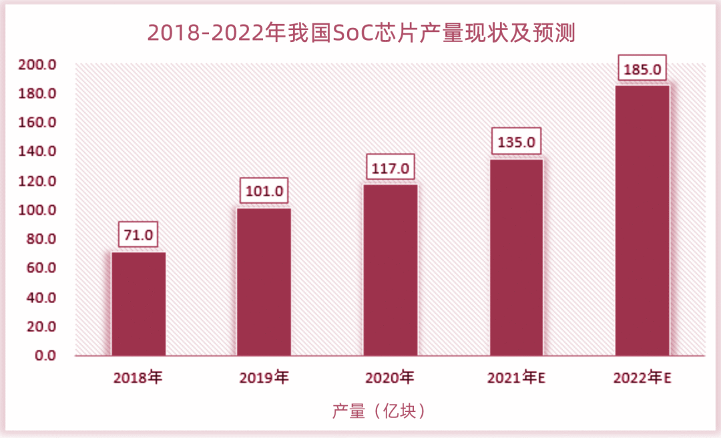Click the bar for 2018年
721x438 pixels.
[x=138, y=304]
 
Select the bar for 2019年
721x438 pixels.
[x=264, y=282]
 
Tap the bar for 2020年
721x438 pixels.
[x=391, y=270]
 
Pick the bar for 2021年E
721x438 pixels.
[x=516, y=257]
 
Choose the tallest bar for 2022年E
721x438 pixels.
[x=642, y=220]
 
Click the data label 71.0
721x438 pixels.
[x=138, y=234]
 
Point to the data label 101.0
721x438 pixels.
[x=264, y=192]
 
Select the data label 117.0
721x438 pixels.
[x=391, y=168]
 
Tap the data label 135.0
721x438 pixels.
[x=516, y=142]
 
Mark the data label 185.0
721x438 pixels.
[x=642, y=69]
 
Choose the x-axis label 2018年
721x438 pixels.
[x=138, y=378]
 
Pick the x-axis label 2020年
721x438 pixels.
[x=391, y=378]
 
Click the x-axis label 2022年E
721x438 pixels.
[x=642, y=378]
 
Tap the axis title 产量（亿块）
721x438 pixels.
[x=379, y=411]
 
